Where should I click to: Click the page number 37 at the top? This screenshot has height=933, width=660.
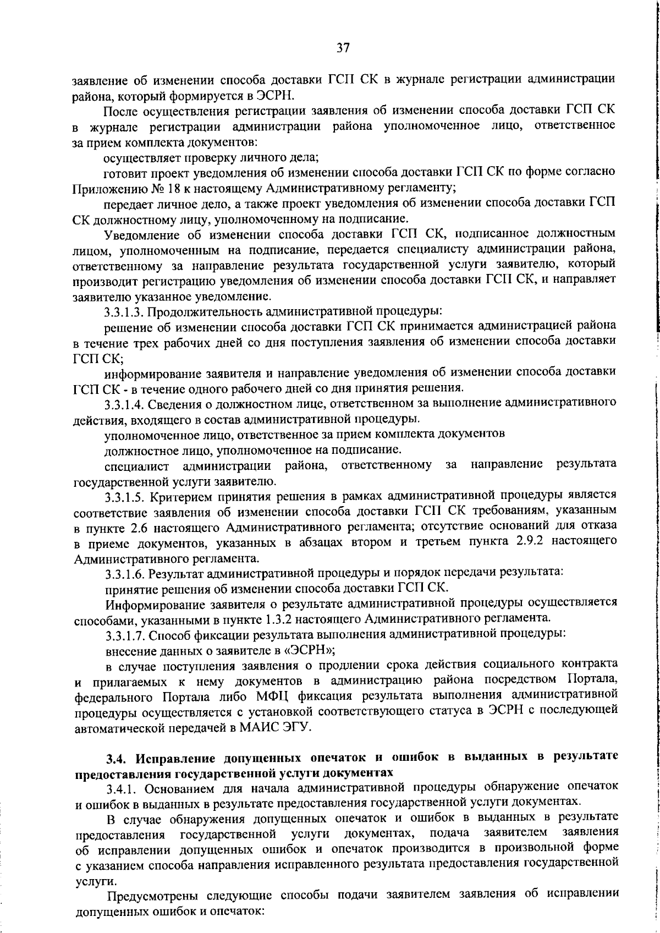343,48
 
